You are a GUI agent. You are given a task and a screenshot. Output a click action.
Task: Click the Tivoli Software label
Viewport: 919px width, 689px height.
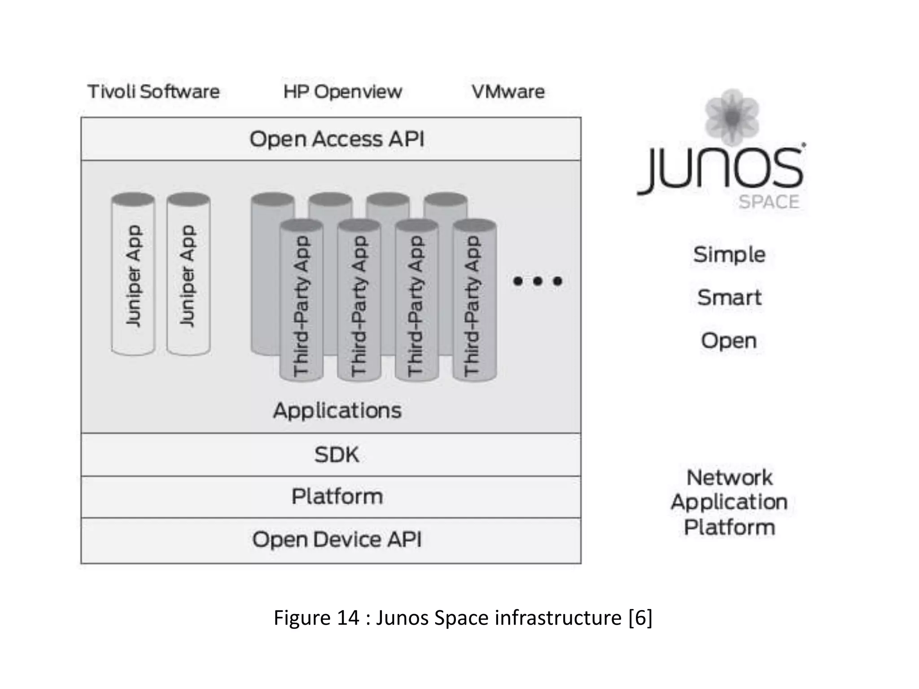(153, 92)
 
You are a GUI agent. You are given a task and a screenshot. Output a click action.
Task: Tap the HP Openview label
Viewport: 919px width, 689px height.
(342, 92)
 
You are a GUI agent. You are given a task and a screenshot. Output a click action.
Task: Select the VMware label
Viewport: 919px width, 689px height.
(508, 92)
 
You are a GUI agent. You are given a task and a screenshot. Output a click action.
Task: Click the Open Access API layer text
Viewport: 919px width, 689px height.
(337, 139)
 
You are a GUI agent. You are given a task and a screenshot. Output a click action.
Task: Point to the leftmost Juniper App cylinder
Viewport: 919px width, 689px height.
(133, 275)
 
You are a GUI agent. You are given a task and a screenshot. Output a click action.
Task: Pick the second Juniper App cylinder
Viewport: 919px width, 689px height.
(188, 275)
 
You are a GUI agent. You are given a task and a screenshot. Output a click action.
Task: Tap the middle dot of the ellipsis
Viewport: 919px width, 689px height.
(538, 281)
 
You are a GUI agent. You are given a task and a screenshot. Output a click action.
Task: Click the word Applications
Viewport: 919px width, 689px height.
(337, 410)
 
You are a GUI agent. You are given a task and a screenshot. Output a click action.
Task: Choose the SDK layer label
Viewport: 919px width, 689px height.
(337, 454)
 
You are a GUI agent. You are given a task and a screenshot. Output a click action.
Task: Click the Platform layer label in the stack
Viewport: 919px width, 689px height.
(337, 496)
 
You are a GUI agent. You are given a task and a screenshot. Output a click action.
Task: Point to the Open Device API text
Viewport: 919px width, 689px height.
(337, 539)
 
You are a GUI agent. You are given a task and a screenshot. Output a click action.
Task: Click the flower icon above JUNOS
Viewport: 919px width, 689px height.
(732, 117)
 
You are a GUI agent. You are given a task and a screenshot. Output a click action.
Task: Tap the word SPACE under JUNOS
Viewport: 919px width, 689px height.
(769, 202)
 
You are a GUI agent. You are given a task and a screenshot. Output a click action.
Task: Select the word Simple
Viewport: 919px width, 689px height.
(729, 254)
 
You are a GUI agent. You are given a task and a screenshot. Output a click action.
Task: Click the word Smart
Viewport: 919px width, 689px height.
(729, 297)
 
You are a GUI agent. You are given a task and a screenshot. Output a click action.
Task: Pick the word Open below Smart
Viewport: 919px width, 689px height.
(729, 340)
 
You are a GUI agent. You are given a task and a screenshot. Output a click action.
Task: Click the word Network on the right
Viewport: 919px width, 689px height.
(730, 477)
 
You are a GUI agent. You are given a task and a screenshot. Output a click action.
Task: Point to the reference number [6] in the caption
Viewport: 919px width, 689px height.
(640, 618)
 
